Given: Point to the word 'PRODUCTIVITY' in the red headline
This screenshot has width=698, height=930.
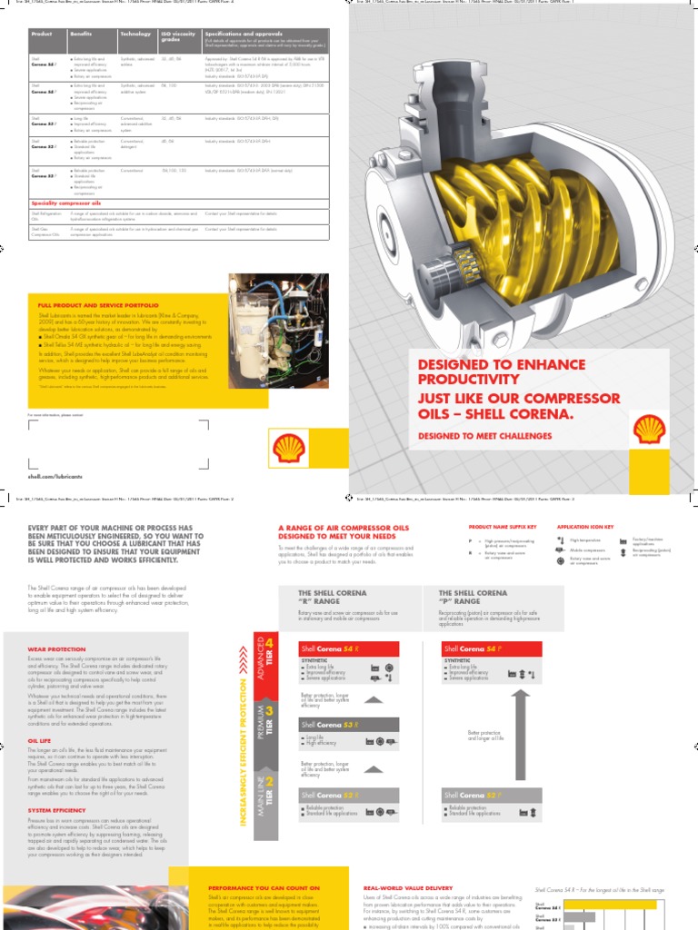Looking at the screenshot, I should (x=468, y=380).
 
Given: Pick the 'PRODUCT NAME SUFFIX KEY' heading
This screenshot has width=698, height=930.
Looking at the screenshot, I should (x=503, y=527).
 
